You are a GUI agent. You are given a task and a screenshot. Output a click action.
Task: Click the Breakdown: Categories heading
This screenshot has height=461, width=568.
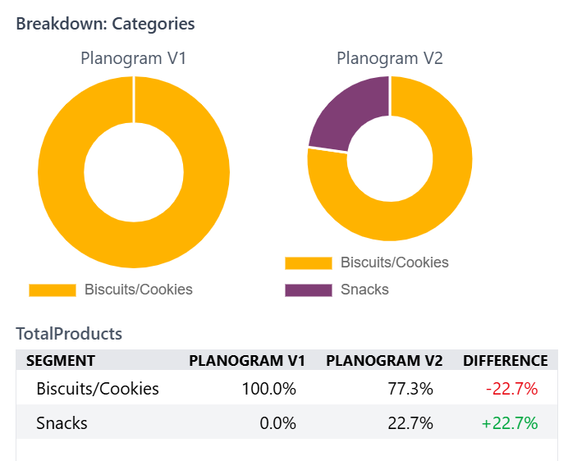point(105,24)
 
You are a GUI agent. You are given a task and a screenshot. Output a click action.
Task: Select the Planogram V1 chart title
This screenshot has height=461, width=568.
point(134,59)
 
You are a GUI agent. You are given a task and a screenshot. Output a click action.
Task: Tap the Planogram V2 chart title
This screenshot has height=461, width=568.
point(390,59)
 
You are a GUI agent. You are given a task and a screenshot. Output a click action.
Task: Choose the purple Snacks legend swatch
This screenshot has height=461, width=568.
point(308,290)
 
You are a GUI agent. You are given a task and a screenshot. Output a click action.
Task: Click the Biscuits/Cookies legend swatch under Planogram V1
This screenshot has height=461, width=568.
point(52,290)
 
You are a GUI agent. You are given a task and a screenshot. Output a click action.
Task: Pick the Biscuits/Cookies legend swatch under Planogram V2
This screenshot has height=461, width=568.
point(308,263)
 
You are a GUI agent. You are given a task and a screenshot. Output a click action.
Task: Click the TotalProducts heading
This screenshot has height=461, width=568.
point(69,334)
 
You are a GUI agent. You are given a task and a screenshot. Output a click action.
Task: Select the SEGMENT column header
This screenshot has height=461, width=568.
point(61,361)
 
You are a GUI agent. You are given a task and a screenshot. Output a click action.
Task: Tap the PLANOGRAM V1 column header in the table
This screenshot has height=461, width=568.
point(247,361)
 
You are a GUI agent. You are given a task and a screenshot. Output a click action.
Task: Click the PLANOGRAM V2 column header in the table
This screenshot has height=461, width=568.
point(384,361)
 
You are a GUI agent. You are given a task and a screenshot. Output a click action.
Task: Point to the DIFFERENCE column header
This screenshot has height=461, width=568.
point(506,361)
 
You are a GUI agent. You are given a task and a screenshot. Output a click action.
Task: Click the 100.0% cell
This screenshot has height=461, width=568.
point(268,389)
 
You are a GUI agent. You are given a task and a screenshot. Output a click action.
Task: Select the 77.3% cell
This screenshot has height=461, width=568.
point(410,389)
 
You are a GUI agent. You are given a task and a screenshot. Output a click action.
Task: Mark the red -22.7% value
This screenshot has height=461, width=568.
point(512,389)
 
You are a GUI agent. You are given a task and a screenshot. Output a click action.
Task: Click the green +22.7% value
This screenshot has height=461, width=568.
point(510,423)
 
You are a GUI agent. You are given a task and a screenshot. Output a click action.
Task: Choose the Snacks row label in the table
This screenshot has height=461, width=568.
point(62,423)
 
